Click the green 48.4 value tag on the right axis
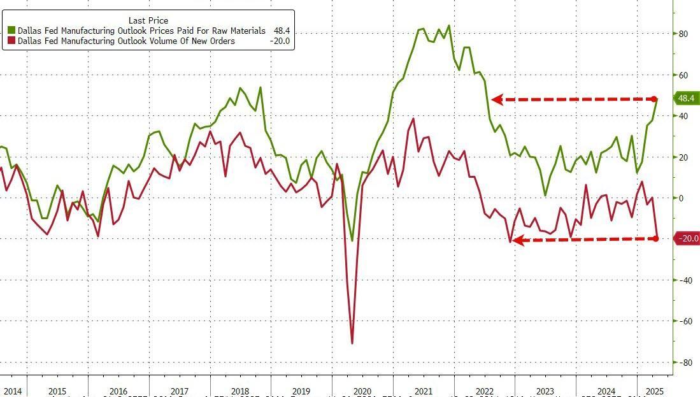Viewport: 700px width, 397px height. pos(687,99)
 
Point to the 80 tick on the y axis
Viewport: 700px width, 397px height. pos(683,34)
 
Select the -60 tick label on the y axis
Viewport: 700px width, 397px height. pos(684,321)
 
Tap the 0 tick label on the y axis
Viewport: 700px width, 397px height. pos(681,198)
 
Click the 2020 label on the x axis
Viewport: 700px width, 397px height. pos(362,391)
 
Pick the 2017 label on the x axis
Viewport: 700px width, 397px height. pos(179,391)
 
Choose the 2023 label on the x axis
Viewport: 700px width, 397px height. pos(545,391)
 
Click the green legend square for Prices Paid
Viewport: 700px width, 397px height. pos(12,31)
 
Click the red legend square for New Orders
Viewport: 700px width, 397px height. pos(12,41)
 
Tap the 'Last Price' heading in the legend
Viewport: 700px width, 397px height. pos(148,20)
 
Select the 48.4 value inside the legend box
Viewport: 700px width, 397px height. pos(281,31)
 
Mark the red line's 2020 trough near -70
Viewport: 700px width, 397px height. pos(352,343)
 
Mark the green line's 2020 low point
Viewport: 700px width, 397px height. pos(352,241)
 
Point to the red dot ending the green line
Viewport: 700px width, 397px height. pos(655,99)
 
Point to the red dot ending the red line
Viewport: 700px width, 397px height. pos(657,238)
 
